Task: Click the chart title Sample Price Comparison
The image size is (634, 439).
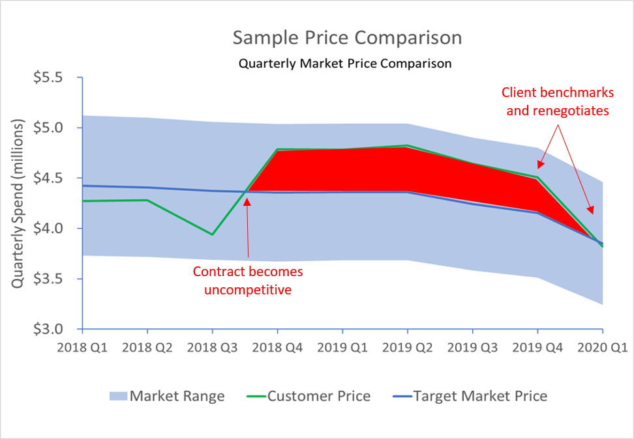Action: (x=347, y=38)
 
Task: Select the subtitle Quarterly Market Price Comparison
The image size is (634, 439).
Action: (x=345, y=64)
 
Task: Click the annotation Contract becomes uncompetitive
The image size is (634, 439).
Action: (x=247, y=279)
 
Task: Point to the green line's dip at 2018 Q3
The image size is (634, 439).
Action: (x=212, y=234)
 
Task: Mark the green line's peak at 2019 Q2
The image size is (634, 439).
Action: (x=407, y=145)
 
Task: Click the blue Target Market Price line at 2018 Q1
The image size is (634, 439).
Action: (x=82, y=186)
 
